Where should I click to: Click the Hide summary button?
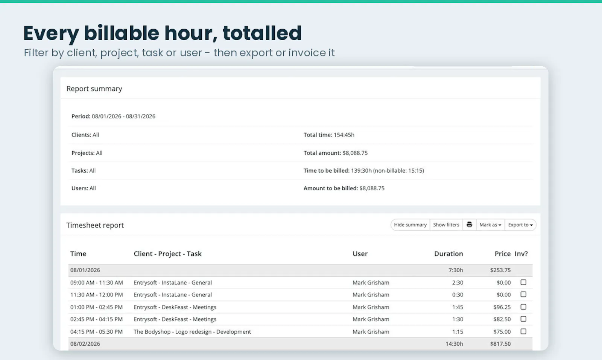(x=410, y=225)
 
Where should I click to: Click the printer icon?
(x=469, y=225)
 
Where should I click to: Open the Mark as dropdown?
(x=490, y=225)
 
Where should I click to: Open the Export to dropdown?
(x=520, y=225)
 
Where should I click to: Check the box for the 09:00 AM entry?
(x=523, y=282)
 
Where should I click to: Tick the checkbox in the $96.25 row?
(x=523, y=307)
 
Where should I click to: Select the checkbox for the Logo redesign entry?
(x=523, y=331)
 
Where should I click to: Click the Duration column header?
(x=448, y=254)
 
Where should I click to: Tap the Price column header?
(x=503, y=254)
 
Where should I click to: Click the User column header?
(x=360, y=254)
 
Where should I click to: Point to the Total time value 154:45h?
(x=344, y=135)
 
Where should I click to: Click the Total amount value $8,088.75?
(x=355, y=153)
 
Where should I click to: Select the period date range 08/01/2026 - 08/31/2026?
(x=124, y=116)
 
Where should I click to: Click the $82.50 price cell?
(x=502, y=319)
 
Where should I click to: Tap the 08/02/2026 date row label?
(x=85, y=343)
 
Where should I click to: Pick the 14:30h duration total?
(x=454, y=343)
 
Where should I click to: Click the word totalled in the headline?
(x=262, y=33)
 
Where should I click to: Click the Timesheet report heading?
(x=95, y=225)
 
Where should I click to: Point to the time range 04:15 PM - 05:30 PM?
(x=96, y=331)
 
